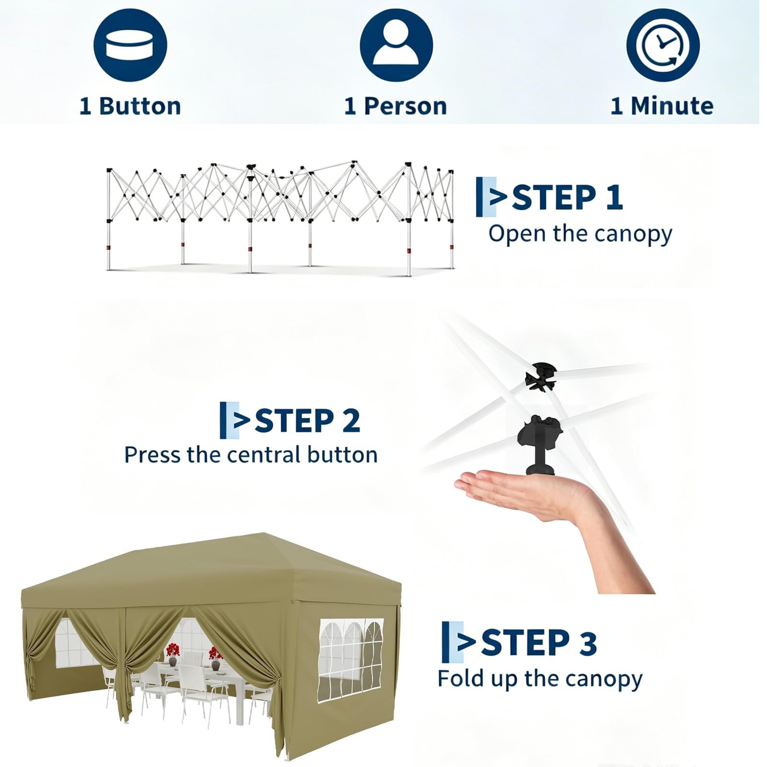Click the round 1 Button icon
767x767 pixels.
[130, 45]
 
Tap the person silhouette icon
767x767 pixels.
[396, 45]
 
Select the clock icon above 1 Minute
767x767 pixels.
[662, 45]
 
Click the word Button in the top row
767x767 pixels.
[140, 106]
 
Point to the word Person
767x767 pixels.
[405, 106]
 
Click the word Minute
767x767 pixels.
[672, 106]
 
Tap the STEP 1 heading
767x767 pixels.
[568, 198]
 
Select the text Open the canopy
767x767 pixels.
[580, 234]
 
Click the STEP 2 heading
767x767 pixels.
[307, 420]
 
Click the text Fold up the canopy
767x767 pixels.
[540, 679]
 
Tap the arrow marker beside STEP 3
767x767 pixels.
[458, 642]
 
